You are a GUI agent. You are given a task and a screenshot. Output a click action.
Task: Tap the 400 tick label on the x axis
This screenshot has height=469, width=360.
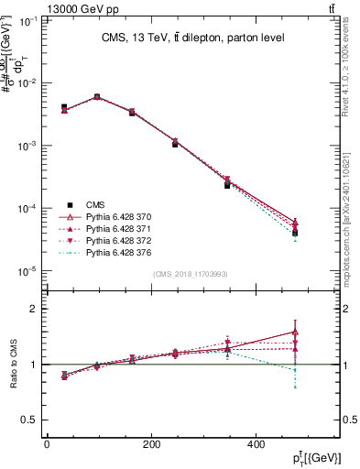255,444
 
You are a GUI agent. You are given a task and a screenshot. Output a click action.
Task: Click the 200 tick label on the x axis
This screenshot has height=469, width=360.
150,444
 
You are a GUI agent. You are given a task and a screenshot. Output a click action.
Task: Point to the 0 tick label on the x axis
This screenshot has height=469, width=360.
47,444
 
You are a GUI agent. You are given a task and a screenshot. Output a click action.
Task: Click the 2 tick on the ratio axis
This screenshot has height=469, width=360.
33,309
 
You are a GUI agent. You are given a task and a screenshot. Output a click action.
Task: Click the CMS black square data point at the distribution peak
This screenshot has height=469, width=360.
97,97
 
